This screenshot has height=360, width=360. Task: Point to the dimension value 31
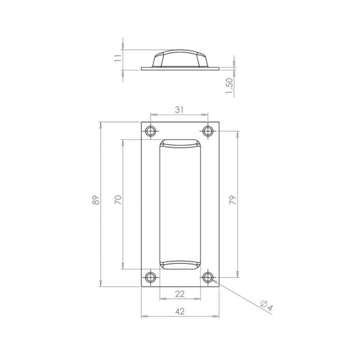coord(179,110)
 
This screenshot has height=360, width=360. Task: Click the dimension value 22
coord(179,294)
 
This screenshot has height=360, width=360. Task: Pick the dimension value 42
coord(179,312)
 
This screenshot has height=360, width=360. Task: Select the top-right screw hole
coord(208,131)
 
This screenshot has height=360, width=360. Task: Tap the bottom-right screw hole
coord(208,277)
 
